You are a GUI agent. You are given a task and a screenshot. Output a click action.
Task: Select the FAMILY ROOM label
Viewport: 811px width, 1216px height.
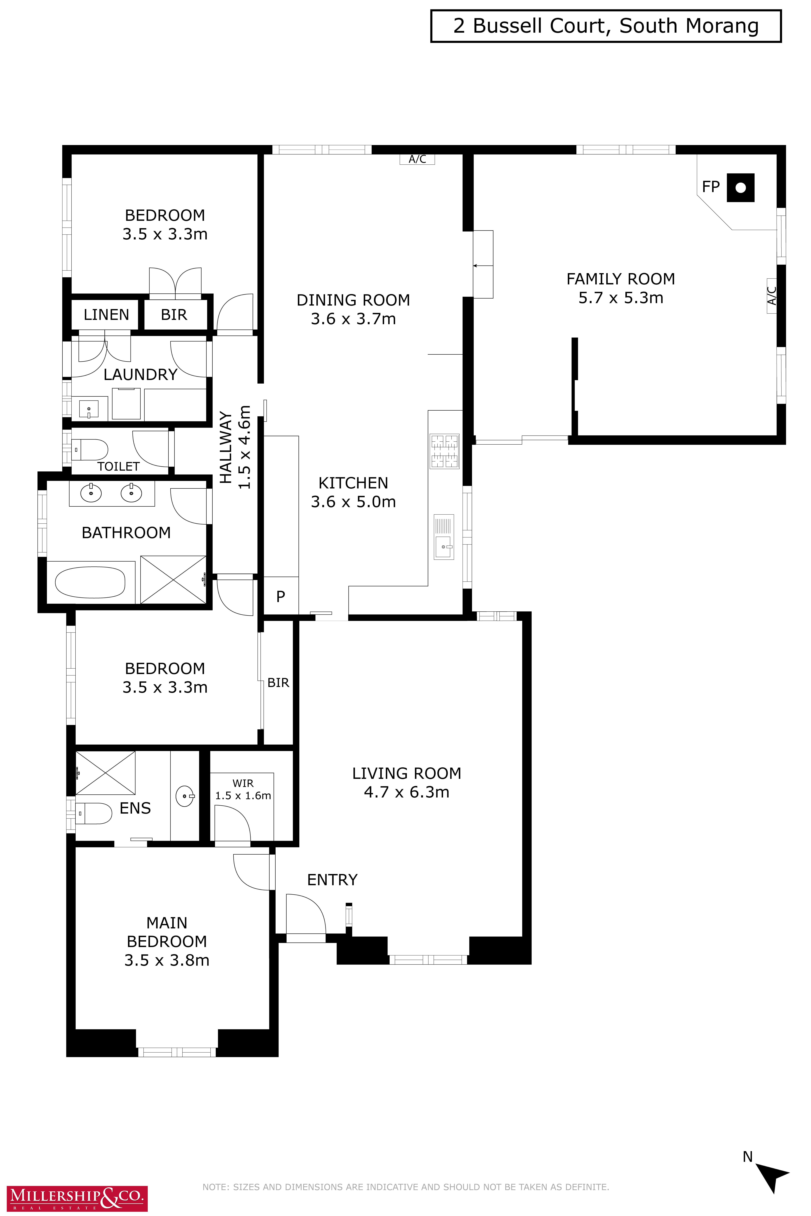tap(621, 279)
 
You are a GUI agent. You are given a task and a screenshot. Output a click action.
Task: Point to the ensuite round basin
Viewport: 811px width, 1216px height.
tap(185, 796)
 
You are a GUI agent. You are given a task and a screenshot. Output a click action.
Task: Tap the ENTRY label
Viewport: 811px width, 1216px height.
tap(332, 880)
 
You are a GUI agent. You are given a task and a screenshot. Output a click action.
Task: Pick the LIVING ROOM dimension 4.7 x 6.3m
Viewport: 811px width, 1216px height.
tap(407, 792)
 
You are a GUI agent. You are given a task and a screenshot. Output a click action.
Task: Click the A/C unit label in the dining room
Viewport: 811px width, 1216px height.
tap(417, 159)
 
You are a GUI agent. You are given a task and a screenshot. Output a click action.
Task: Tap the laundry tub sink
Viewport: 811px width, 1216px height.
tap(89, 408)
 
